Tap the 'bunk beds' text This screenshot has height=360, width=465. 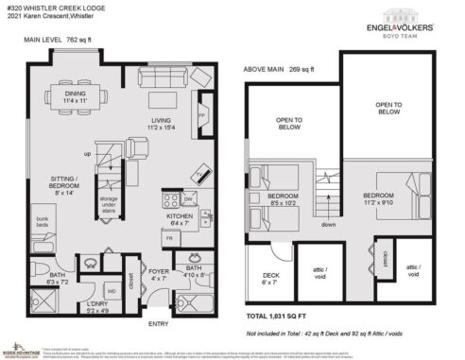[x=43, y=221]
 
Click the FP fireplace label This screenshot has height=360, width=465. [x=201, y=116]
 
